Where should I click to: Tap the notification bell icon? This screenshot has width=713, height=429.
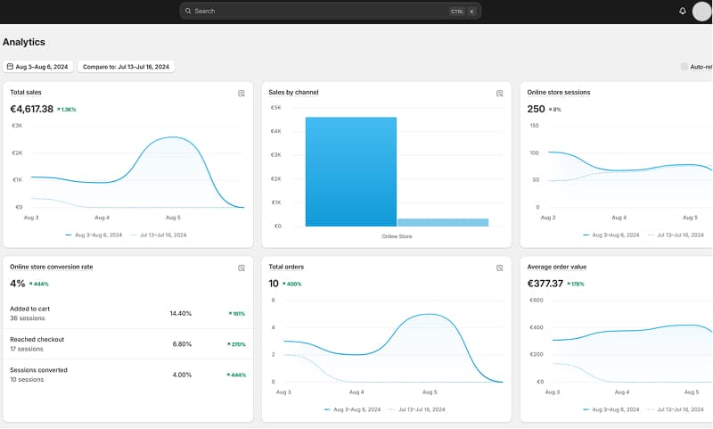point(683,11)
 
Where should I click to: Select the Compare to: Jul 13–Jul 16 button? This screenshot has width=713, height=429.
point(127,67)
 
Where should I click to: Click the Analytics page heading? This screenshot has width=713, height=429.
point(24,42)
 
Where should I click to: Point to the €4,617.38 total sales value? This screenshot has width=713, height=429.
point(32,109)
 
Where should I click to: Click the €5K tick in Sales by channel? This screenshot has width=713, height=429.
point(276,108)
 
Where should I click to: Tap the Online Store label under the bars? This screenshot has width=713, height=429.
point(397,236)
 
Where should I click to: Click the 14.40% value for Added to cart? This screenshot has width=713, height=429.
point(181,313)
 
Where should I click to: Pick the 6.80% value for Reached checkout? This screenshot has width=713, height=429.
point(182,343)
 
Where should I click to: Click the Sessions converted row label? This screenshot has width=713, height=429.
point(38,370)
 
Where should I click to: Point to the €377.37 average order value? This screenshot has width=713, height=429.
point(545,284)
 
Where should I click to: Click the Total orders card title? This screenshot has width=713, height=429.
point(286,267)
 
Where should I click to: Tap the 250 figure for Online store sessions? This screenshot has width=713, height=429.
point(536,109)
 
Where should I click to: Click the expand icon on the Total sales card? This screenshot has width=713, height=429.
point(241,93)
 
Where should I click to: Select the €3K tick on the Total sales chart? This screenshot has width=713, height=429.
point(17,126)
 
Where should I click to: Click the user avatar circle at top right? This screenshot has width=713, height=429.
point(701,11)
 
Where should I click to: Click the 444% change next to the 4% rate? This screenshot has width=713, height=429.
point(38,284)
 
